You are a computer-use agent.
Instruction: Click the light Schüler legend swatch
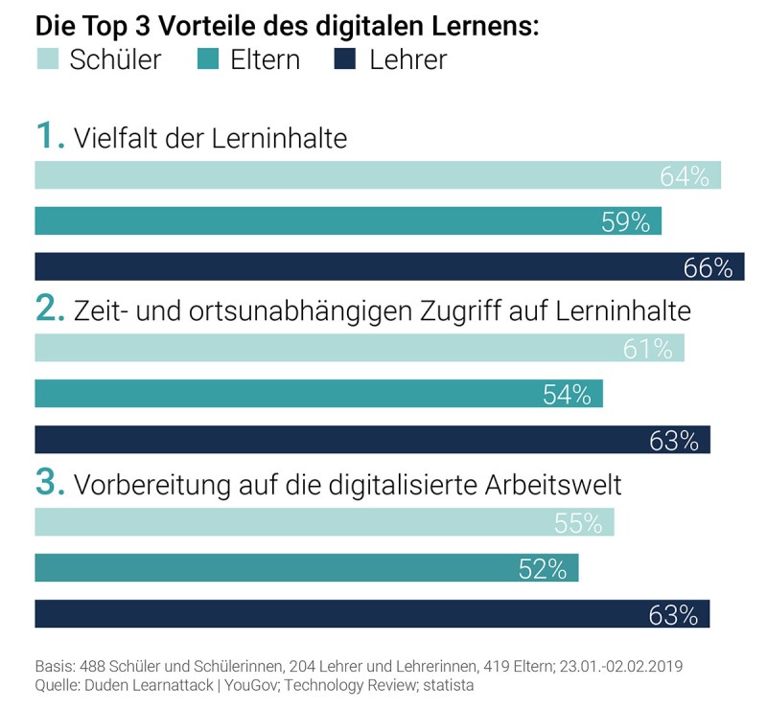pyautogui.click(x=47, y=60)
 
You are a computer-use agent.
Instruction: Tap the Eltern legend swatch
pyautogui.click(x=208, y=60)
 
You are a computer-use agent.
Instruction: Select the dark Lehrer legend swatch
pyautogui.click(x=344, y=60)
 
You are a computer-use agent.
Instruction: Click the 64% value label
pyautogui.click(x=685, y=176)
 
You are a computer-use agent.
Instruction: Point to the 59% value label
pyautogui.click(x=626, y=222)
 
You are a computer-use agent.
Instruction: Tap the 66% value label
pyautogui.click(x=709, y=268)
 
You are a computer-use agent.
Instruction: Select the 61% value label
pyautogui.click(x=648, y=350)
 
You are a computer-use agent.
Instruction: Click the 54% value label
pyautogui.click(x=567, y=395)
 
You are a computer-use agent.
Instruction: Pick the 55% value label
pyautogui.click(x=578, y=523)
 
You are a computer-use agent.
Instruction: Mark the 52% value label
pyautogui.click(x=543, y=569)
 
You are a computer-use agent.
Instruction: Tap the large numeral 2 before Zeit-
pyautogui.click(x=48, y=309)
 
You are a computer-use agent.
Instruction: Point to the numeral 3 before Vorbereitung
pyautogui.click(x=48, y=482)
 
